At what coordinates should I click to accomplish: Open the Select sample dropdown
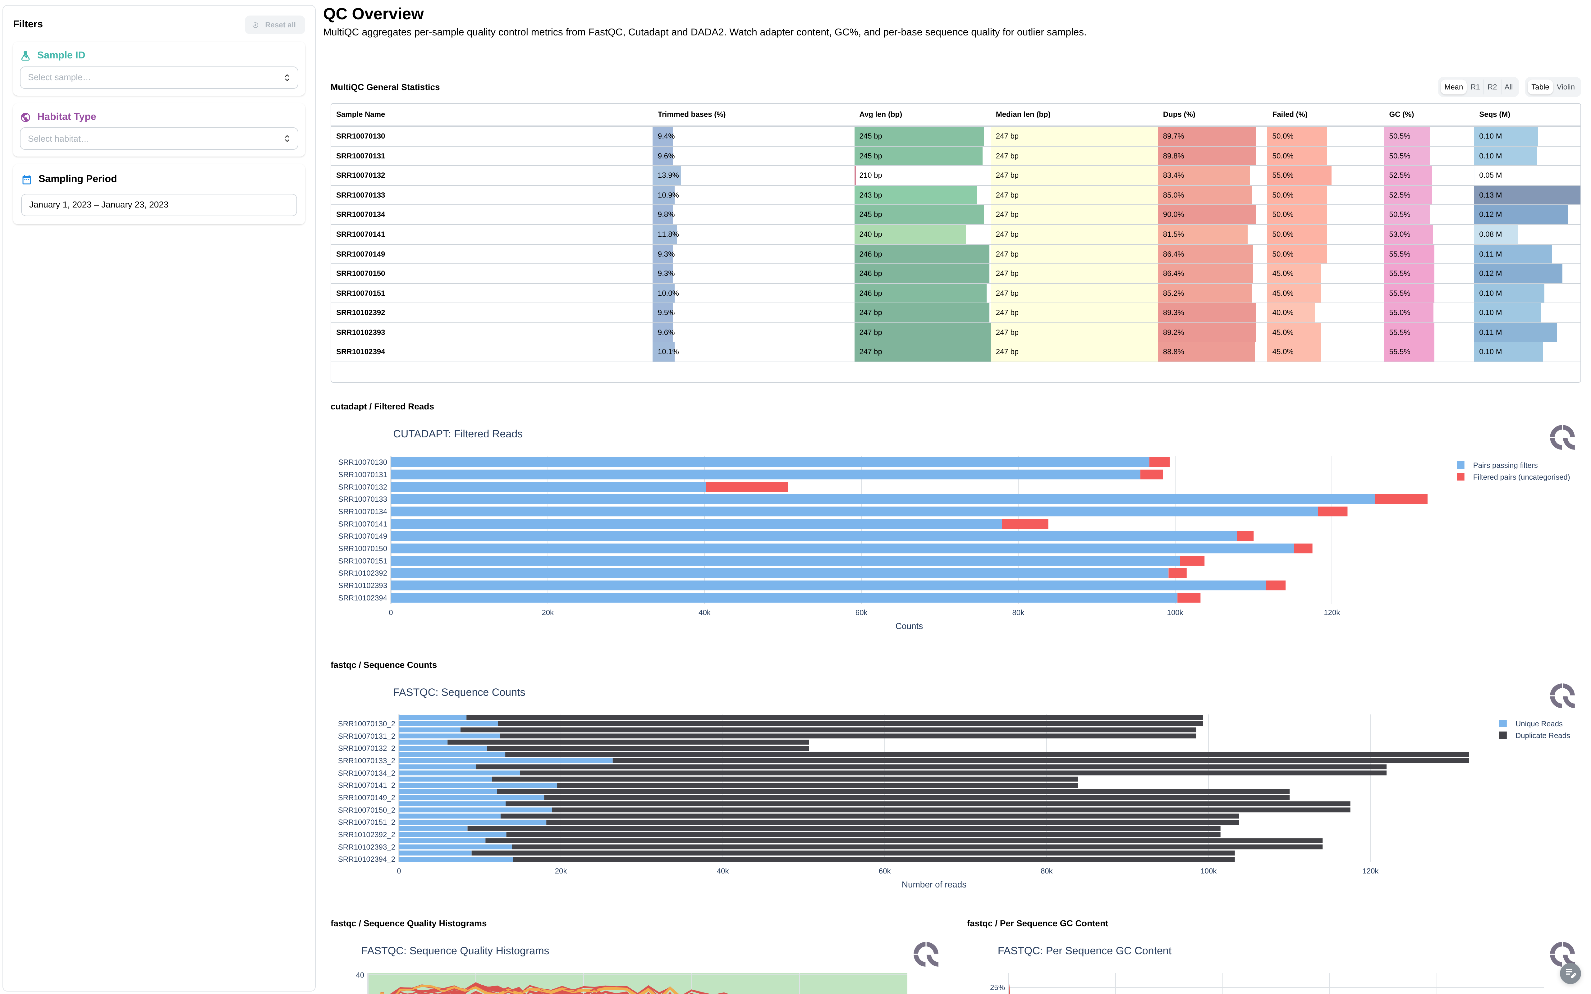tap(158, 78)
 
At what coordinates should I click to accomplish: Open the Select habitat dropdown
tap(158, 139)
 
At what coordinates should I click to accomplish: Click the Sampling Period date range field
tap(158, 204)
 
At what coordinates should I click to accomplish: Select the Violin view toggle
tap(1565, 87)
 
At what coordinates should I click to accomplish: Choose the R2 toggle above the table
tap(1492, 87)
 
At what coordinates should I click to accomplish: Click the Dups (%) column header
tap(1179, 114)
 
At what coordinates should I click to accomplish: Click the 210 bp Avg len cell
tap(870, 176)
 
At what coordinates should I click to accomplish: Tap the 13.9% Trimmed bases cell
tap(668, 176)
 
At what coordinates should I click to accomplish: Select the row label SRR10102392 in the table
tap(360, 313)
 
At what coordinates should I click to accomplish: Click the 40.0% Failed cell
tap(1283, 313)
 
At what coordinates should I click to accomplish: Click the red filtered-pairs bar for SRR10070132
tap(747, 487)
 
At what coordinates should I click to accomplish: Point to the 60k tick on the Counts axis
tap(861, 613)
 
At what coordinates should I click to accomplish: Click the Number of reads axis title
tap(933, 885)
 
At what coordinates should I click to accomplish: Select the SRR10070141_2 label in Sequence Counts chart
tap(366, 786)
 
